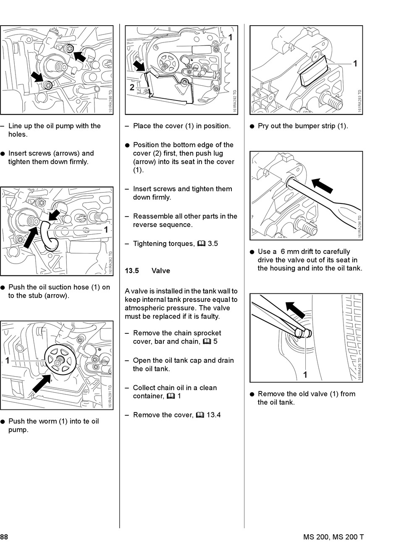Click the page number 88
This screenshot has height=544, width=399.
4,537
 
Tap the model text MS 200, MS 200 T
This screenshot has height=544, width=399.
333,537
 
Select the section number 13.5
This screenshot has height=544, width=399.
132,271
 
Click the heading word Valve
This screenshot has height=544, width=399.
161,271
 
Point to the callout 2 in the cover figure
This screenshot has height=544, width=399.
132,87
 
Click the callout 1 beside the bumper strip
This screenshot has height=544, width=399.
355,64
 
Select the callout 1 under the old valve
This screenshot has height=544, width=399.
305,375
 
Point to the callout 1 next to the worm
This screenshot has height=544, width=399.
7,361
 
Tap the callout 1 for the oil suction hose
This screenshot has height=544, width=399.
106,230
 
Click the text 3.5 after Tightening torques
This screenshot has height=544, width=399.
213,243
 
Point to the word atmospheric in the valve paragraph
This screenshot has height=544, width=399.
143,308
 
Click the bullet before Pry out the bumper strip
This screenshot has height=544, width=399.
252,126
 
